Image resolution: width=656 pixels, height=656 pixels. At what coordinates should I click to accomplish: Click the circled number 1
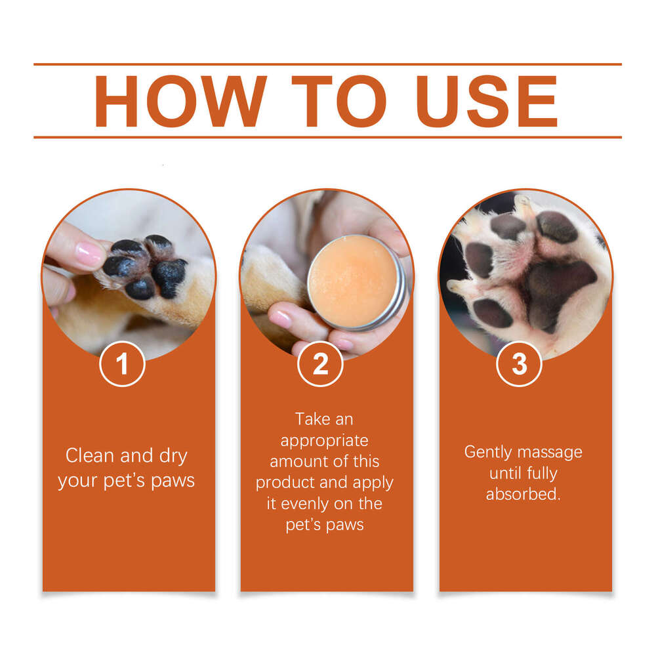[123, 364]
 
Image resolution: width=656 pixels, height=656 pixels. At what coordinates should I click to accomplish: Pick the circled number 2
[321, 364]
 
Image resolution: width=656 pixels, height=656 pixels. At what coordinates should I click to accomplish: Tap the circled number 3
[519, 364]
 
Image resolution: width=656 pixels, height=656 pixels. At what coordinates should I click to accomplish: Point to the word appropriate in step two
[325, 440]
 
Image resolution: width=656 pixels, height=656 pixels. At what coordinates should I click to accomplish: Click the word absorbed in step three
[523, 494]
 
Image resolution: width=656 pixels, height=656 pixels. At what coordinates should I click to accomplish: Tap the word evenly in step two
[306, 504]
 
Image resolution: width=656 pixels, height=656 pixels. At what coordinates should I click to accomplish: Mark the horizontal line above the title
[327, 64]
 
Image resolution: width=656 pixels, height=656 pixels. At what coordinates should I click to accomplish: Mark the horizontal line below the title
[327, 137]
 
